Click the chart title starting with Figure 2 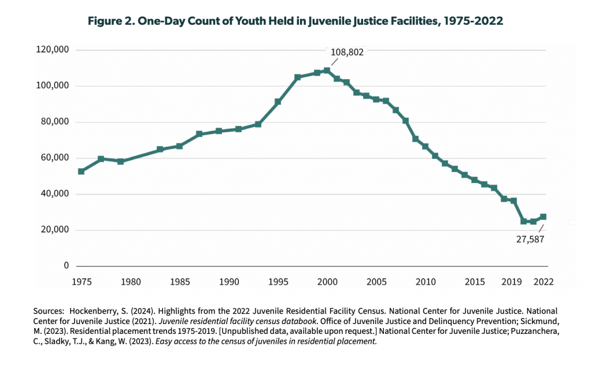pyautogui.click(x=295, y=21)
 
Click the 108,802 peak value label pyautogui.click(x=347, y=52)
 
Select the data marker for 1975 pyautogui.click(x=82, y=172)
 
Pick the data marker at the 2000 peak pyautogui.click(x=327, y=70)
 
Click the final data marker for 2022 pyautogui.click(x=543, y=217)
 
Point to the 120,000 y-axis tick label pyautogui.click(x=53, y=50)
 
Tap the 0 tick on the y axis pyautogui.click(x=66, y=266)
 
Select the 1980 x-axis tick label pyautogui.click(x=131, y=282)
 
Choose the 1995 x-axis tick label pyautogui.click(x=278, y=282)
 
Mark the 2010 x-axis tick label pyautogui.click(x=425, y=282)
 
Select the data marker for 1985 pyautogui.click(x=179, y=146)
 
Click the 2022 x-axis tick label pyautogui.click(x=543, y=282)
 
